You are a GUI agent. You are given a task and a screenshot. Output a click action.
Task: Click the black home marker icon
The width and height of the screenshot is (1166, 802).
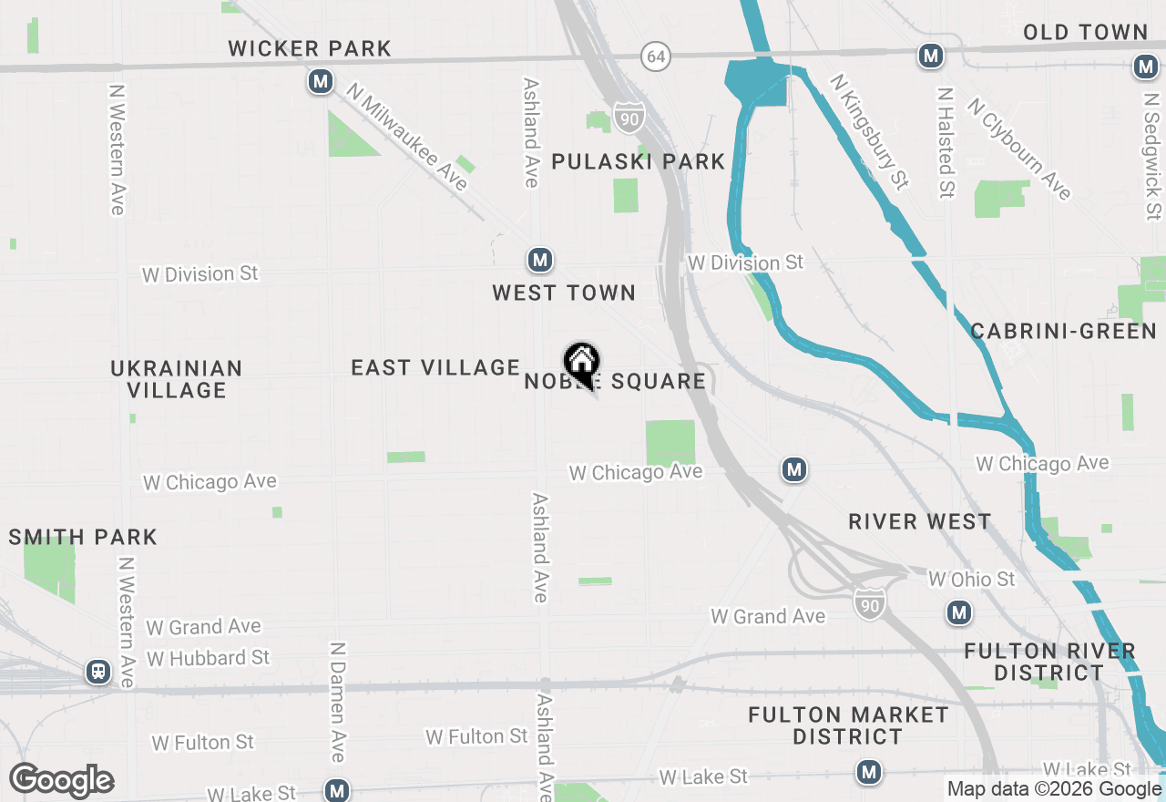point(581,363)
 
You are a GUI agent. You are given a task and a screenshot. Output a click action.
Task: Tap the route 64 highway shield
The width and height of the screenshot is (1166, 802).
point(655,57)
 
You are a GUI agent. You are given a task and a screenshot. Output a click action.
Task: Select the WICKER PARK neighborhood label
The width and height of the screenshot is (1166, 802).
point(310,48)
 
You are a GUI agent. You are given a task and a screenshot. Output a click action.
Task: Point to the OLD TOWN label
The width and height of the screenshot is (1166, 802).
point(1085,33)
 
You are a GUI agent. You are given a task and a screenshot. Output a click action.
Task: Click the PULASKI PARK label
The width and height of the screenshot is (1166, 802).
point(638,162)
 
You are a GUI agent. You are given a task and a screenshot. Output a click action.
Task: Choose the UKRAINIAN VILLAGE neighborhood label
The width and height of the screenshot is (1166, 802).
point(177,379)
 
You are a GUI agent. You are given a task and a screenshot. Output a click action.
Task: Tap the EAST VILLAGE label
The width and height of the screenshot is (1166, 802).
point(435,367)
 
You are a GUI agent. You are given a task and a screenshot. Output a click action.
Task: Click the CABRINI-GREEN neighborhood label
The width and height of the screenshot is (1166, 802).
point(1063,331)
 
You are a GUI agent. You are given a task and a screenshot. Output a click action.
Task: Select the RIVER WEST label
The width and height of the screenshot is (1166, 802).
point(919,521)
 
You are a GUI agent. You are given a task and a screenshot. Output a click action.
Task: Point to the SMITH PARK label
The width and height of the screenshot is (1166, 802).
point(83,537)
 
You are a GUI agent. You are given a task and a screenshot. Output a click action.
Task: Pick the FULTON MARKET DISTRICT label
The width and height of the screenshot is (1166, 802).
point(847,725)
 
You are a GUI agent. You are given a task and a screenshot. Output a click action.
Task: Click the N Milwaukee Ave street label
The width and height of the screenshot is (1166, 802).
point(407,137)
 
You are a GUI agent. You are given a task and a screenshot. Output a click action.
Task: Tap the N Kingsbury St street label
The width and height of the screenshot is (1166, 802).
point(869,132)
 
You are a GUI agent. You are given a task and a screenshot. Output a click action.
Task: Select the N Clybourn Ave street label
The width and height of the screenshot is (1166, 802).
point(1019,149)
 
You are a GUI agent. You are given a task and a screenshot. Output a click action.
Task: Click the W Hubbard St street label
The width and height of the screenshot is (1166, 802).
point(209,657)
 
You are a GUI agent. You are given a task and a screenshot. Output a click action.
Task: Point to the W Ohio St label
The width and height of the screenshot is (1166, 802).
point(971,579)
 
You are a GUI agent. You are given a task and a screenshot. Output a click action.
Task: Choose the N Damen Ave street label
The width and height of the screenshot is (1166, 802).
point(338,702)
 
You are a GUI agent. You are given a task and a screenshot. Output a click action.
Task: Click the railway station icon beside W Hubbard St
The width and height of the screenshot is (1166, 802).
point(97,673)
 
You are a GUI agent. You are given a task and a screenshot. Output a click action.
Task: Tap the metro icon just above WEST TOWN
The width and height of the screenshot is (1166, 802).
point(540,261)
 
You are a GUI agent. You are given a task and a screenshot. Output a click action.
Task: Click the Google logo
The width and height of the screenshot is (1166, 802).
point(62,780)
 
